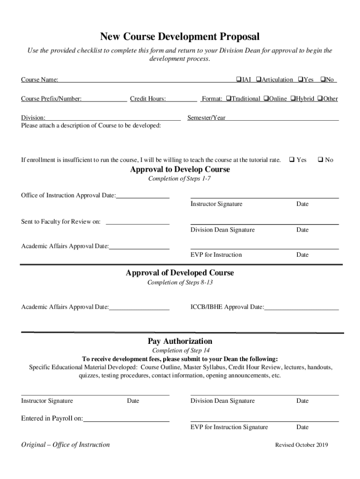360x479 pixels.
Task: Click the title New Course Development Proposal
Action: point(180,37)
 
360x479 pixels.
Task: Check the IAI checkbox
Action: point(238,80)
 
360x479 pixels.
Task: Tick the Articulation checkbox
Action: point(258,80)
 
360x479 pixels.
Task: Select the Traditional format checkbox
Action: point(229,99)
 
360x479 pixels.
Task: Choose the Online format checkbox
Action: point(266,99)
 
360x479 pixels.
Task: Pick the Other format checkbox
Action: point(320,99)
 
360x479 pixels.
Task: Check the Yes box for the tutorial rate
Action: point(292,160)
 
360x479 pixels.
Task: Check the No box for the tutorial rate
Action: point(321,160)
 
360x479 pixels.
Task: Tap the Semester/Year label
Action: point(206,118)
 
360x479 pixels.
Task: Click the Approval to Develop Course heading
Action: point(180,169)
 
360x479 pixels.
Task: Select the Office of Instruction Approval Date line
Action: point(143,196)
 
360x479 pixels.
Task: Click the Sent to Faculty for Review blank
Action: point(137,223)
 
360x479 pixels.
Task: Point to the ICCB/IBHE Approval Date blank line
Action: point(302,308)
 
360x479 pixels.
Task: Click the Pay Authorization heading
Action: point(180,341)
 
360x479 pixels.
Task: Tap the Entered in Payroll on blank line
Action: point(126,420)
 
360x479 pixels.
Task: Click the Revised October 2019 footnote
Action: point(302,445)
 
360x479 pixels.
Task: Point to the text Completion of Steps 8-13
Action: point(180,283)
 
